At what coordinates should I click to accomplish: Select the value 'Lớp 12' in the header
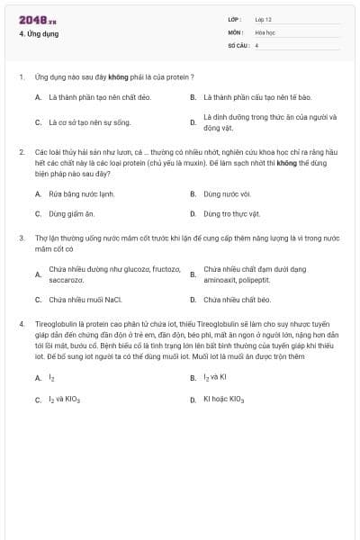click(x=263, y=19)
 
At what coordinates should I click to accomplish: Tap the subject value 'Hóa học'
click(x=264, y=31)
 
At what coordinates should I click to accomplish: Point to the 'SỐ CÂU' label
click(x=237, y=44)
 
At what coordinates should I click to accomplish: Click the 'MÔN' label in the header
click(x=235, y=31)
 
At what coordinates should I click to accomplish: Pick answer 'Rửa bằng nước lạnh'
click(x=82, y=193)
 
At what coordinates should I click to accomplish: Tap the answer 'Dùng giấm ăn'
click(x=71, y=214)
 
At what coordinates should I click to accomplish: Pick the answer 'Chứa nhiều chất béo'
click(x=237, y=300)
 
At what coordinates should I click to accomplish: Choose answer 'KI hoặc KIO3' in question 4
click(x=224, y=399)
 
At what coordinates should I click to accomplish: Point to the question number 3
click(x=21, y=238)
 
